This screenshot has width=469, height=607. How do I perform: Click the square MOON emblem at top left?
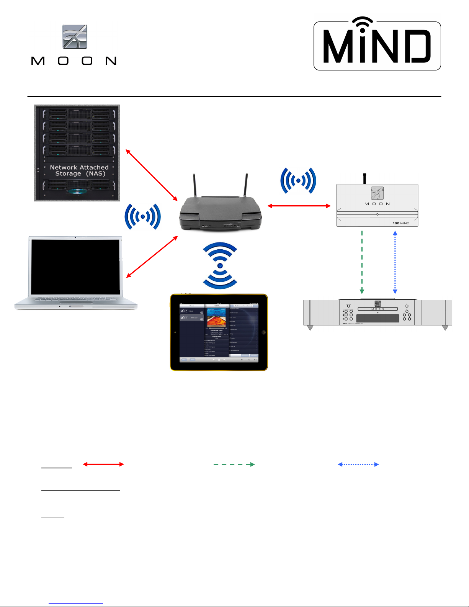coord(75,37)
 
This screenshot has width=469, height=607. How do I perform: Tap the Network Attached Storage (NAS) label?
coord(79,170)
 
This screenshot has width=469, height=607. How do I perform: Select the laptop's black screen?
coord(75,267)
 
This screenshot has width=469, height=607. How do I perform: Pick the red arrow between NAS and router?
coord(152,175)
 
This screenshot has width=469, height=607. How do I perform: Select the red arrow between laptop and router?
coord(152,257)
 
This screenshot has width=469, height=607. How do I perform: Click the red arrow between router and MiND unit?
coord(299,206)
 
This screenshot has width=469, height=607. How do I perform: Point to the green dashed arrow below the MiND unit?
coord(362,262)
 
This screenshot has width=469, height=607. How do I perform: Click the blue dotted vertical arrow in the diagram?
coord(395,262)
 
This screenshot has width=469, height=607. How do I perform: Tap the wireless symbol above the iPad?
coord(220,265)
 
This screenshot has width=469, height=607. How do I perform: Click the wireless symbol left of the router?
coord(143,217)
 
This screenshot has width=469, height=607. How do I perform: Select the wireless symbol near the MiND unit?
coord(298,180)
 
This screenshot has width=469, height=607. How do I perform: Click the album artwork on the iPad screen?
coord(216,317)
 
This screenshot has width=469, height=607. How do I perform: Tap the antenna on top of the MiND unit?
coord(365,178)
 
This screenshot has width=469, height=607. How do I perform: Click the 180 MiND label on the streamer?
coord(401,223)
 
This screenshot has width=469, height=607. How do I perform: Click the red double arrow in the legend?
coord(103,464)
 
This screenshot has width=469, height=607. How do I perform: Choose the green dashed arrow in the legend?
coord(234,464)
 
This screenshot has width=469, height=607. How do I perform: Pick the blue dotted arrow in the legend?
coord(358,464)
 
